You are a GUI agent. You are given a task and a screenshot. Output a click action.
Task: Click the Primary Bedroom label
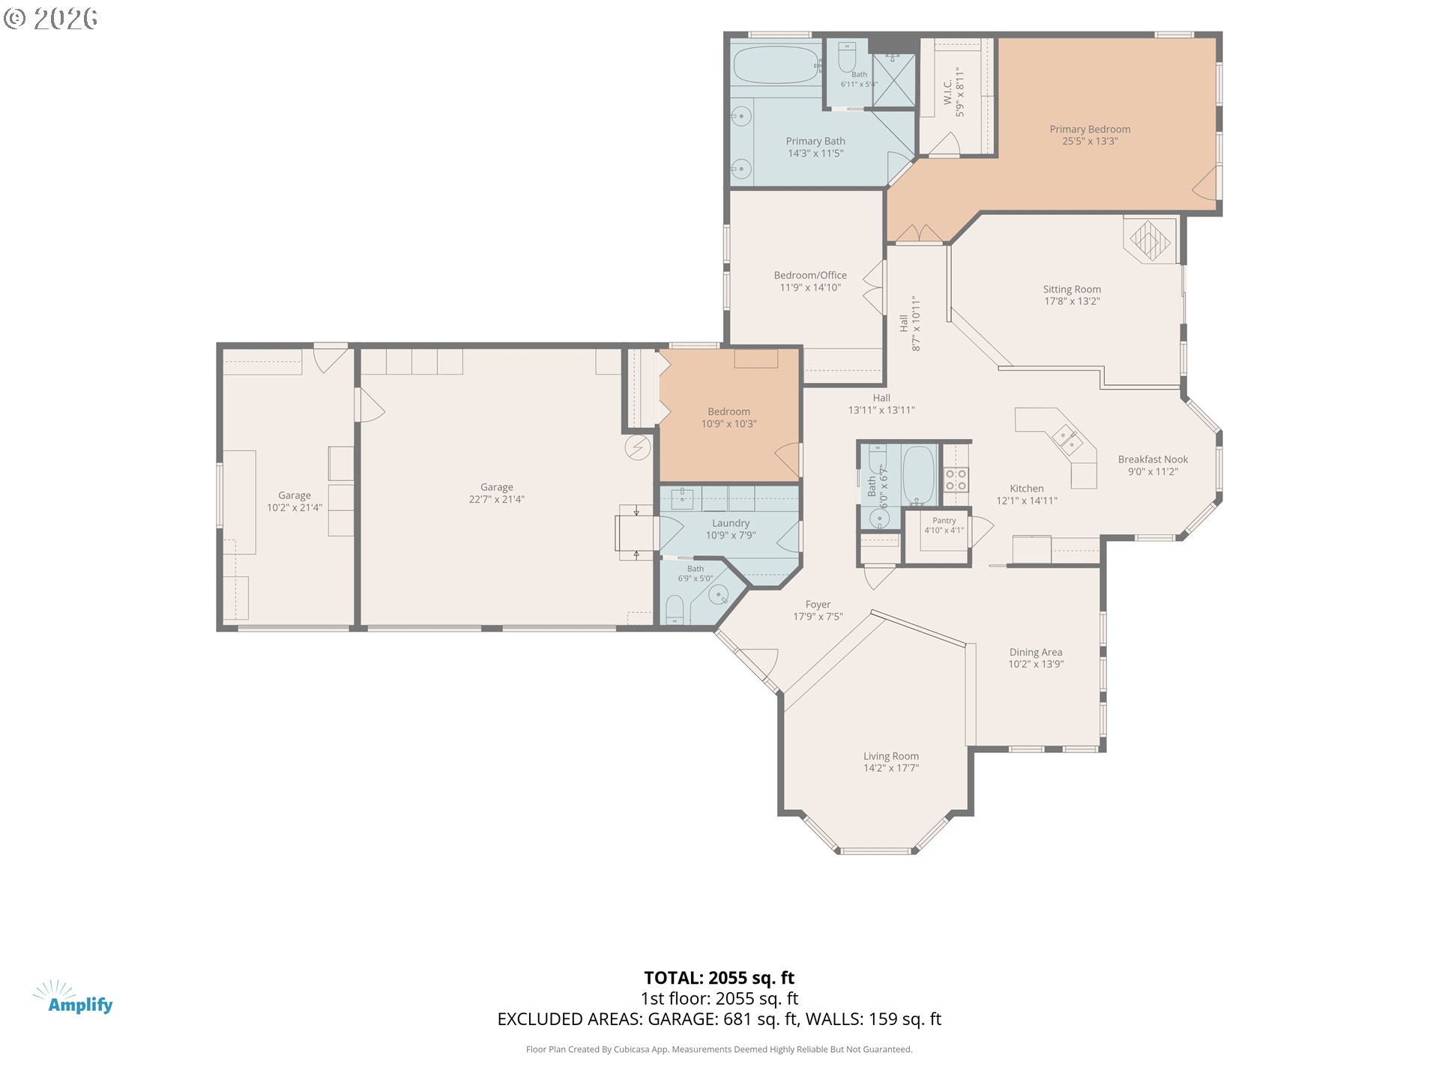click(x=1090, y=129)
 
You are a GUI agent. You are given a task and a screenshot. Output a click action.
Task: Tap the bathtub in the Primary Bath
click(x=776, y=65)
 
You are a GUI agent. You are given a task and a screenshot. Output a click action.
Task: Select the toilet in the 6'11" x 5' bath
click(x=847, y=56)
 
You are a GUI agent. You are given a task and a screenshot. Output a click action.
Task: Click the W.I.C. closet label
click(x=947, y=92)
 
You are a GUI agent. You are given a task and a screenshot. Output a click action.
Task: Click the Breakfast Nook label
click(x=1153, y=459)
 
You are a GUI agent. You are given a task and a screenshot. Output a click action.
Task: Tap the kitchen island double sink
click(x=1067, y=440)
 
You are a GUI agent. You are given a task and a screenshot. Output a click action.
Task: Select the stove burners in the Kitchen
click(x=956, y=480)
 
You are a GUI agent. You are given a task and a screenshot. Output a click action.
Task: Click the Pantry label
click(x=944, y=521)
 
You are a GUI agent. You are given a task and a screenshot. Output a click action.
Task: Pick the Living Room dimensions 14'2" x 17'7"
click(x=891, y=768)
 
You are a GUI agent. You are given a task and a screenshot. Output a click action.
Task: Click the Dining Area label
click(x=1036, y=652)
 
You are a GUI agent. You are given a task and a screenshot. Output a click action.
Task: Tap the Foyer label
click(x=818, y=604)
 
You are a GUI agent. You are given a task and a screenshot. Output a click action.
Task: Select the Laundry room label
click(x=731, y=523)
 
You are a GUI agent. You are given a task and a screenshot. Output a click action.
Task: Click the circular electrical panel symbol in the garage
click(x=638, y=447)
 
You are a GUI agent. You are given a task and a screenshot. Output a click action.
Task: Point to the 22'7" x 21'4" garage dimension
click(x=497, y=499)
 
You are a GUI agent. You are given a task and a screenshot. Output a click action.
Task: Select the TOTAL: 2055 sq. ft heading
click(x=719, y=978)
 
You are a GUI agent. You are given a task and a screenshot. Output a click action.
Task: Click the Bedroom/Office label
click(x=810, y=275)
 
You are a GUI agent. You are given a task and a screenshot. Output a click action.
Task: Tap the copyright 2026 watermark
click(x=50, y=18)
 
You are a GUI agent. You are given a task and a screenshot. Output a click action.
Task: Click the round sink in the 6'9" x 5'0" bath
click(x=719, y=595)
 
